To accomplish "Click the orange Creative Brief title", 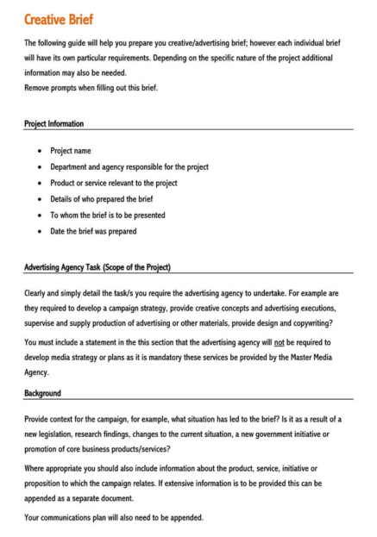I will [x=60, y=19].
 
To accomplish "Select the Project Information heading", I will [x=54, y=124].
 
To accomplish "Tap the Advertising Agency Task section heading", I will [x=97, y=267].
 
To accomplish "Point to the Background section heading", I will [x=42, y=393].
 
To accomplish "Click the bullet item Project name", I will [x=71, y=151].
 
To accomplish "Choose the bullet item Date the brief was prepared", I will [x=93, y=231].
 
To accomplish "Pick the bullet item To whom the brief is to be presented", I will [x=108, y=215].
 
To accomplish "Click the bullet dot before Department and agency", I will [x=40, y=167].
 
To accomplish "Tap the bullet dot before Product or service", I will [x=40, y=183].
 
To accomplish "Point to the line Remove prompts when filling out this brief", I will [x=91, y=88].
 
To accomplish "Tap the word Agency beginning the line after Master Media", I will [x=37, y=373].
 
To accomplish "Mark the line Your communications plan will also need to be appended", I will [x=114, y=517].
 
